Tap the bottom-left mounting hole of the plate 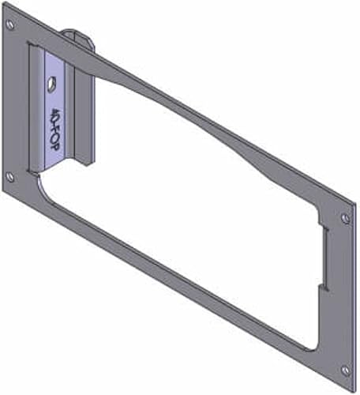coord(9,177)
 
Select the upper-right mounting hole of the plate coord(345,217)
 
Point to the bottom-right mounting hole coord(345,369)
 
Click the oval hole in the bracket coord(51,81)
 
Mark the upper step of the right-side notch coord(324,230)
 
